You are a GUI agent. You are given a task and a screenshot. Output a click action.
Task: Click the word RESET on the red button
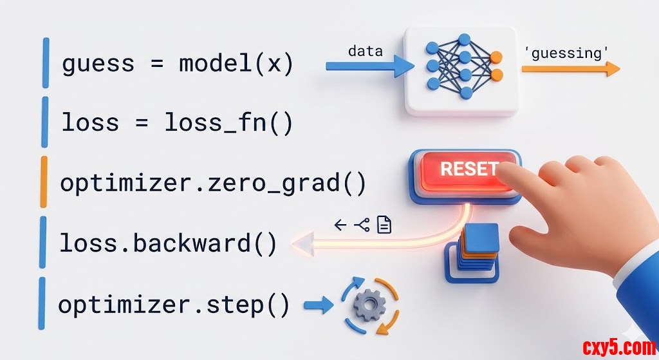tap(469, 169)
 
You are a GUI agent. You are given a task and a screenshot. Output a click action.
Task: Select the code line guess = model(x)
tap(178, 64)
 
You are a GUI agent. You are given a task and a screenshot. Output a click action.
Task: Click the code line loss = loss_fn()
tap(177, 123)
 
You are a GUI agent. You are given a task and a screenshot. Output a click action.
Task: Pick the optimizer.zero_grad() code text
tap(213, 183)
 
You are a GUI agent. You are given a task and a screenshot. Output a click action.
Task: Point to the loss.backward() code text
tap(168, 243)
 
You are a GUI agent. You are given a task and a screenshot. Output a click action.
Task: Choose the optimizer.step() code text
tap(174, 304)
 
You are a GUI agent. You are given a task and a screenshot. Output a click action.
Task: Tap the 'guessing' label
tap(567, 53)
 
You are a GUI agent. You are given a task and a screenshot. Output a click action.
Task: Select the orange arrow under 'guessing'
tap(570, 70)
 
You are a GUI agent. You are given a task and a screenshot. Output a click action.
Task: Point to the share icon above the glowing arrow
tap(362, 224)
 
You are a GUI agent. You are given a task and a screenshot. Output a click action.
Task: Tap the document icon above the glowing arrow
tap(384, 224)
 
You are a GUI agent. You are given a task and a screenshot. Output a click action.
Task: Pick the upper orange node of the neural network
tap(496, 58)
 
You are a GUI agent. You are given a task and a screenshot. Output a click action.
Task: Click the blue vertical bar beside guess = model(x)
tap(46, 62)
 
